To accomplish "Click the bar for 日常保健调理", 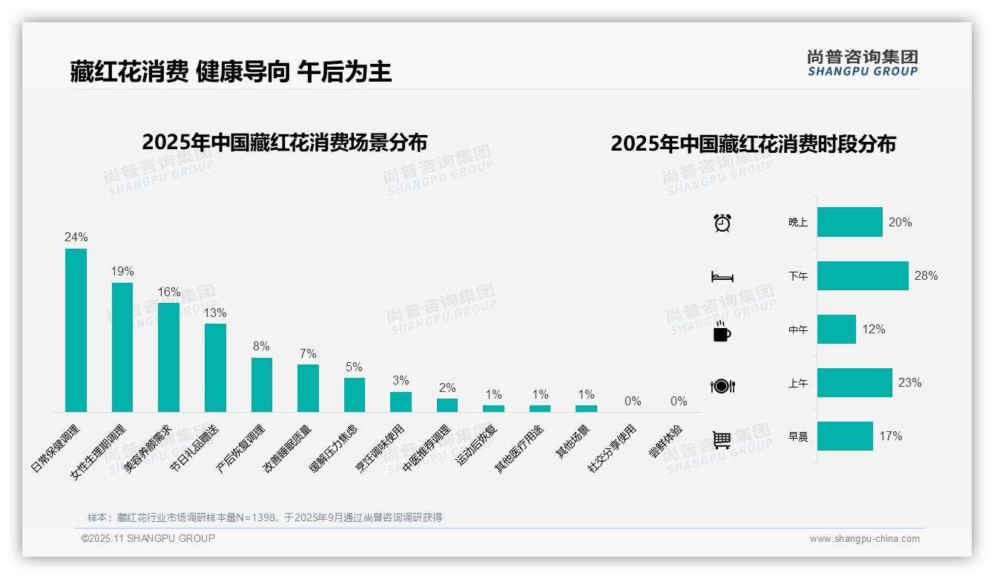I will (76, 330).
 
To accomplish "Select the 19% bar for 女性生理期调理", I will (122, 347).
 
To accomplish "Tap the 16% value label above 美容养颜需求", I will (168, 292).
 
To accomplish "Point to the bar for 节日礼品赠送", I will (215, 367).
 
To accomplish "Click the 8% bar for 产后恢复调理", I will (262, 385).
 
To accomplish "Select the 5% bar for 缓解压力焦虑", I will (355, 395).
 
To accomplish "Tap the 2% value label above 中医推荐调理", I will (447, 387).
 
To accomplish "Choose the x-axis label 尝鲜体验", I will (665, 442).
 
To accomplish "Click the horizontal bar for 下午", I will (863, 275).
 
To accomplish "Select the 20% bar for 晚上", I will (850, 222).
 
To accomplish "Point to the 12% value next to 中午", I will (874, 329).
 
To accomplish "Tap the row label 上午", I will (798, 383).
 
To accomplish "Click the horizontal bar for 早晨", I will (845, 436).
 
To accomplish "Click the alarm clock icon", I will (723, 223).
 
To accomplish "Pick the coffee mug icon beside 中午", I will (722, 331).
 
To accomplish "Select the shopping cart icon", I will (722, 439).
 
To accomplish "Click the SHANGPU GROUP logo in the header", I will (863, 62).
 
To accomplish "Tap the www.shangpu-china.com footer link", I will (864, 539).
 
